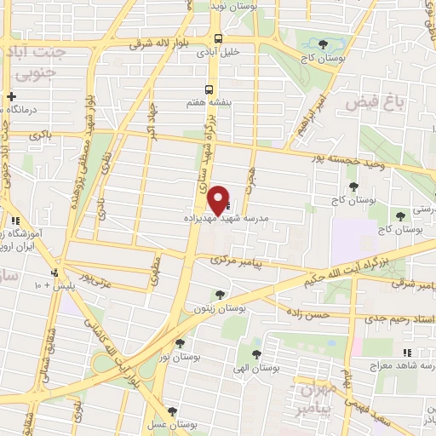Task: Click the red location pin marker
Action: pos(219,199)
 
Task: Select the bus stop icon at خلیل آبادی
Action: pos(219,38)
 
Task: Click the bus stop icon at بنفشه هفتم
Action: pos(209,89)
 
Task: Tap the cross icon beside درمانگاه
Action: pos(10,97)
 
